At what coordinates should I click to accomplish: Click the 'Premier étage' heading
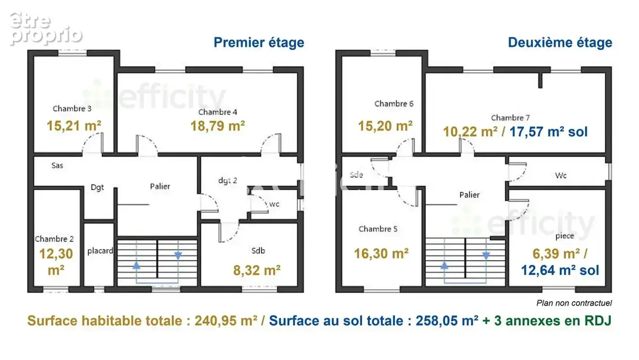tap(259, 43)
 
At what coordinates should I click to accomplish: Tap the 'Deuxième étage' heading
tap(560, 43)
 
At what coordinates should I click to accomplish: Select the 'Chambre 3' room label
tap(72, 109)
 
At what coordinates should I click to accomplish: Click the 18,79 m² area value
tap(218, 126)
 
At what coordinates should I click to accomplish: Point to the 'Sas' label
tap(57, 166)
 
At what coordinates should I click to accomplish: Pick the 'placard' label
tap(100, 251)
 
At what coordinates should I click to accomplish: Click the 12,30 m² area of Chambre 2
tap(56, 262)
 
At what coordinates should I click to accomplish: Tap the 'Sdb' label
tap(258, 250)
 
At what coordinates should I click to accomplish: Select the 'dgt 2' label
tap(227, 181)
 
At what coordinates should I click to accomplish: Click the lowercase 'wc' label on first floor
tap(274, 204)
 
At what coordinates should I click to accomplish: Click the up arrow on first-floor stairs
tap(136, 266)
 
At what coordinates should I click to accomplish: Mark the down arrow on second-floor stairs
tap(486, 256)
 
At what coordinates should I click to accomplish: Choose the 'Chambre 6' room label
tap(394, 103)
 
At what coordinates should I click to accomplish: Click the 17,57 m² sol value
tap(548, 132)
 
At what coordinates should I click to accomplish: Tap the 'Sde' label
tap(356, 175)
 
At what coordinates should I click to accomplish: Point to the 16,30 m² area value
tap(381, 253)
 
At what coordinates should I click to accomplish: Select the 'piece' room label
tap(565, 236)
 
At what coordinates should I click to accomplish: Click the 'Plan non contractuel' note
tap(574, 303)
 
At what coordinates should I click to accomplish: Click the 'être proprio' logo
tap(46, 29)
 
